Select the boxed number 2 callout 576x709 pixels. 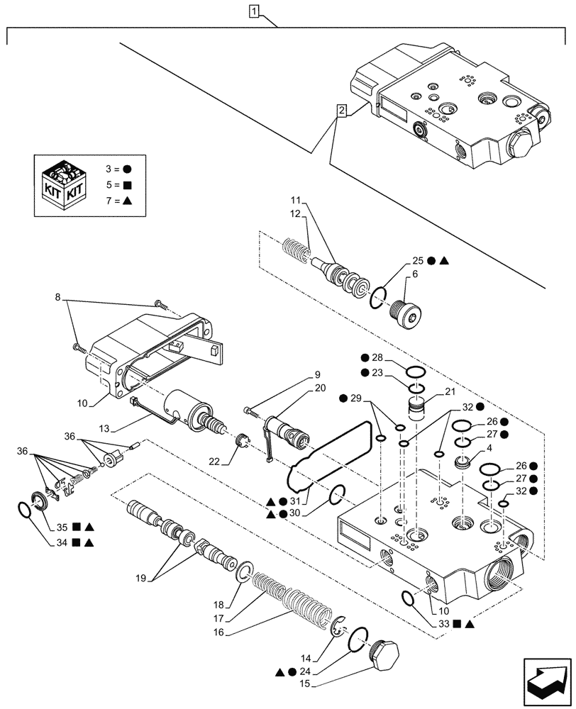point(342,111)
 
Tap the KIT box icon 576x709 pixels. point(64,182)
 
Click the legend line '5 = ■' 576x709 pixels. point(116,186)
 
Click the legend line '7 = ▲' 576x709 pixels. point(116,202)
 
